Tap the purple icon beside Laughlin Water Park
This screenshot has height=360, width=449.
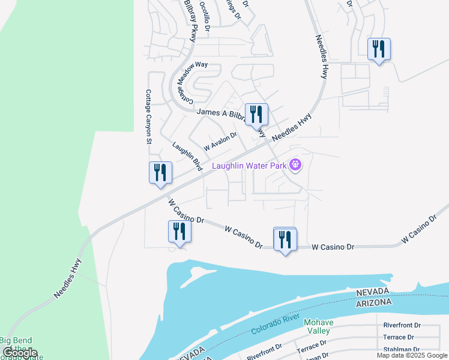click(295, 164)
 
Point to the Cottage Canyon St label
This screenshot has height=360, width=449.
click(148, 117)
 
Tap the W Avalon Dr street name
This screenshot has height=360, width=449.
click(220, 142)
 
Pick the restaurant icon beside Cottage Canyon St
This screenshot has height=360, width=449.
click(160, 173)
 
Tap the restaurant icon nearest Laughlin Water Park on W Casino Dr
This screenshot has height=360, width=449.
click(285, 239)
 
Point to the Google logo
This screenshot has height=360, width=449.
click(20, 353)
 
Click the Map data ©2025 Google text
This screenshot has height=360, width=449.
click(412, 355)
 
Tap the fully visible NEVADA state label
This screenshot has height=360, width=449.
click(373, 292)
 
